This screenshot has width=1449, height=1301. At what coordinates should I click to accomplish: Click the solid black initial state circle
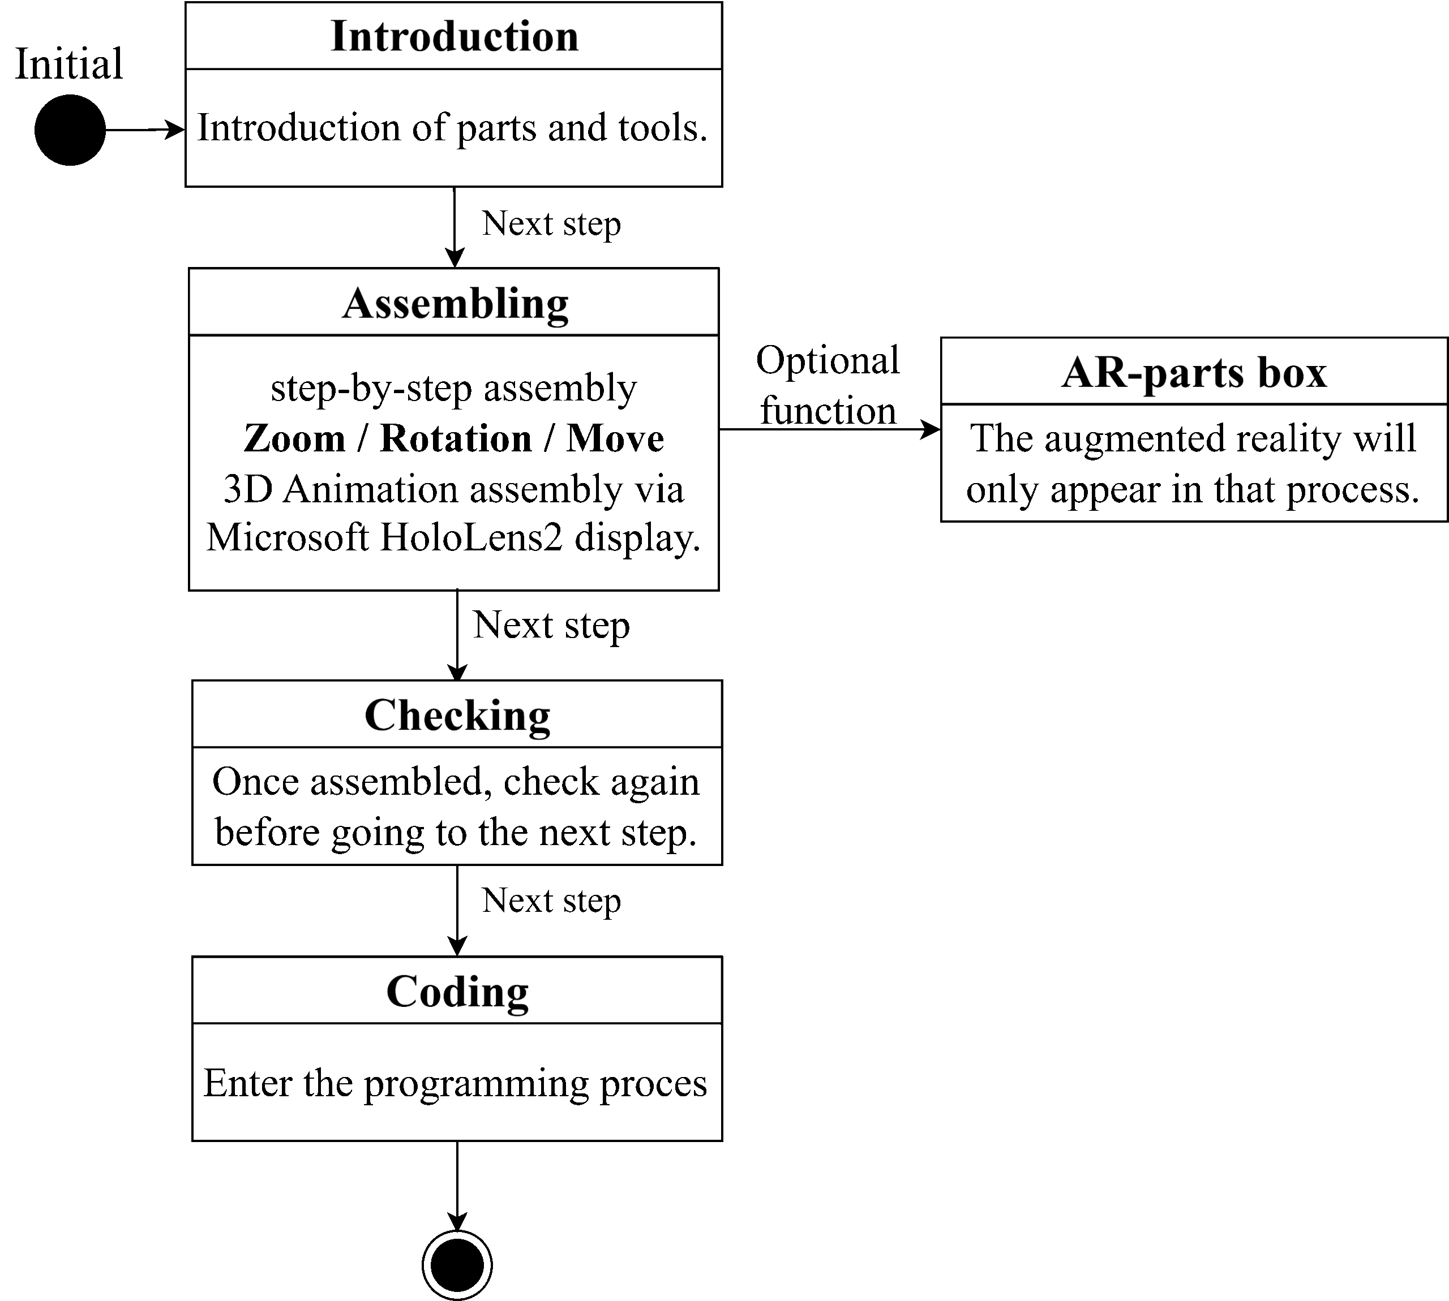point(70,130)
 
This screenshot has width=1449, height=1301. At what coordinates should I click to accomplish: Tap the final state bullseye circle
point(457,1265)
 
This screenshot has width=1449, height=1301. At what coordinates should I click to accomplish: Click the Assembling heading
point(455,304)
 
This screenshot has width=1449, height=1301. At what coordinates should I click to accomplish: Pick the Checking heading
point(458,715)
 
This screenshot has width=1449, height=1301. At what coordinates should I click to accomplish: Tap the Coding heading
point(458,992)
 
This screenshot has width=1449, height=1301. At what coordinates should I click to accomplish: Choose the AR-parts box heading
point(1194,372)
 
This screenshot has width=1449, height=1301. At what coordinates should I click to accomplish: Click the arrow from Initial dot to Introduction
point(145,130)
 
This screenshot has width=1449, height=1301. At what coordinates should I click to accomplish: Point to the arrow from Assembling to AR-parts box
point(830,430)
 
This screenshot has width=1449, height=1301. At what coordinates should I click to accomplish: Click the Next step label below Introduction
point(551,224)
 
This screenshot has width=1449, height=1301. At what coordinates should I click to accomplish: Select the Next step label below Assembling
point(551,625)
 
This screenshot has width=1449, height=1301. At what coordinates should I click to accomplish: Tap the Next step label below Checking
point(551,901)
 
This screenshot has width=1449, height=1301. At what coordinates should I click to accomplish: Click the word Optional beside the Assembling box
point(828,361)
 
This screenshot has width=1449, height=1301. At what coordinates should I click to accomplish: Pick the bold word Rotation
point(456,438)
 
